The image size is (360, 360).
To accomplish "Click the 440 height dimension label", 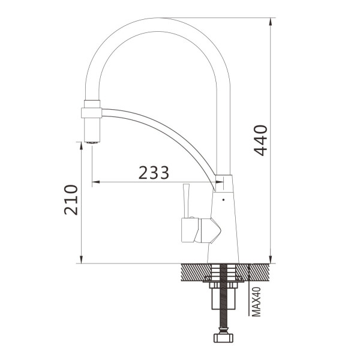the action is pyautogui.click(x=261, y=140).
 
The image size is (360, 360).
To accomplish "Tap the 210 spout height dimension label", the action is pyautogui.click(x=71, y=200).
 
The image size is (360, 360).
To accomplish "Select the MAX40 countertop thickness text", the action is pyautogui.click(x=256, y=302).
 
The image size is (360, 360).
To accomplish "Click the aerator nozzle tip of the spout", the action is pyautogui.click(x=92, y=142).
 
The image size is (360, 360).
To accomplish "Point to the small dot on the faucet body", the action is pyautogui.click(x=224, y=200).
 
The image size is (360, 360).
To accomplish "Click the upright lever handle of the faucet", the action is pyautogui.click(x=186, y=200).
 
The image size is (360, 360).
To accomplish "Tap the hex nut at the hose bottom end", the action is pyautogui.click(x=223, y=338).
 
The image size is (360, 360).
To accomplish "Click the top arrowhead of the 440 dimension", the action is pyautogui.click(x=271, y=22).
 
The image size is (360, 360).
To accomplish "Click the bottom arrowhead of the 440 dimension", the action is pyautogui.click(x=271, y=259).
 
